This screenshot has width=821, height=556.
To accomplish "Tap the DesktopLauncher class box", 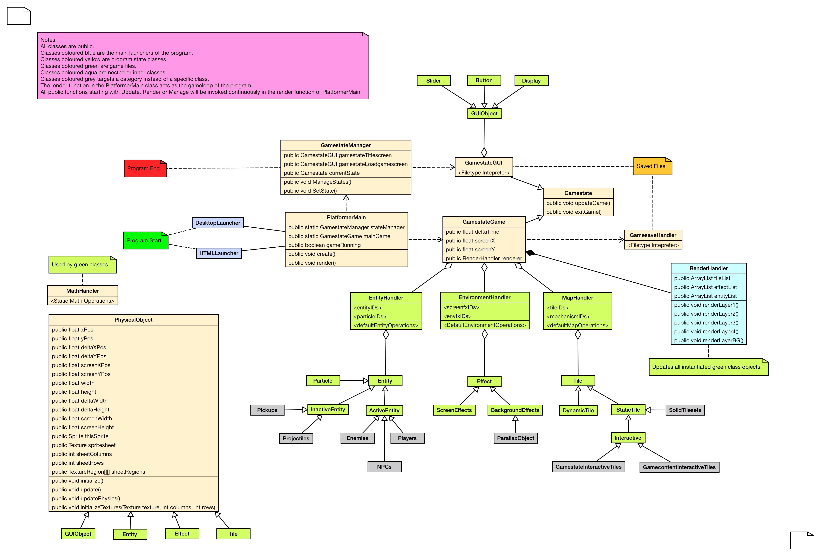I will tap(218, 223).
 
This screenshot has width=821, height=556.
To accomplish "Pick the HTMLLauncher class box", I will tap(219, 253).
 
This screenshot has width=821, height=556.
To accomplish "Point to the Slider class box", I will tap(433, 80).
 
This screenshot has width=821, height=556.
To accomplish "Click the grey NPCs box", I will tap(384, 467).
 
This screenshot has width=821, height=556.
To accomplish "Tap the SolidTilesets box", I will tap(685, 410).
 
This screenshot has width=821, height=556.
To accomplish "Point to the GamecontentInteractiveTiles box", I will tap(679, 467).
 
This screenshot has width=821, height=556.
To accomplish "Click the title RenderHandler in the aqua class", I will tap(708, 268).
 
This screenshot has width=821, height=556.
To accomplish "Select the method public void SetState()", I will tap(310, 191).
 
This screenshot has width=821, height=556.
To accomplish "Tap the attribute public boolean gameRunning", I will tap(324, 245).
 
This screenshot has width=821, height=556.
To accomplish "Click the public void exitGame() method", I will tap(574, 212).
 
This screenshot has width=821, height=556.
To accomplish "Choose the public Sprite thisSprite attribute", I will tap(80, 436).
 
